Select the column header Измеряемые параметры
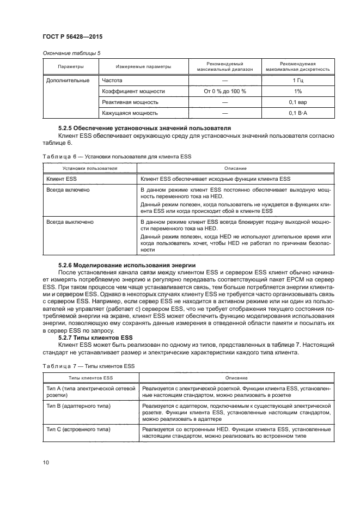[x=143, y=67]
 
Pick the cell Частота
[x=112, y=80]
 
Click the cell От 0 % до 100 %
[x=225, y=91]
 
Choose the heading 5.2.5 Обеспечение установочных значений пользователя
[x=139, y=127]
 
